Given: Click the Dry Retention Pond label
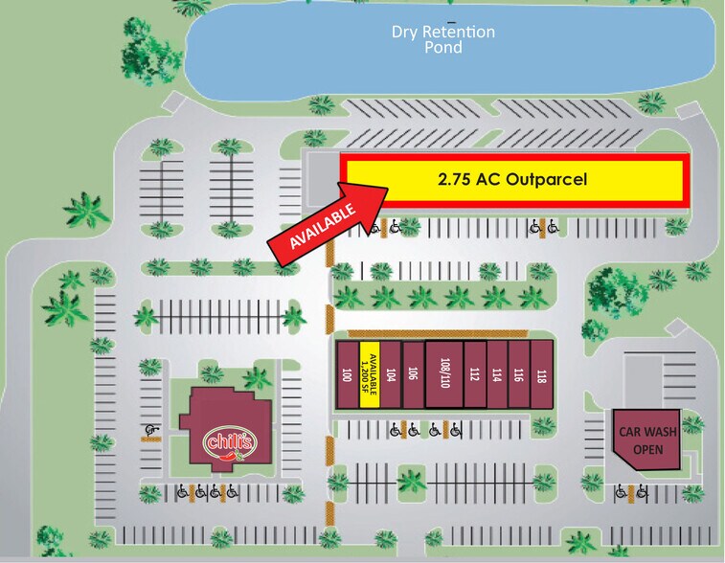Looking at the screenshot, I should pos(442,39).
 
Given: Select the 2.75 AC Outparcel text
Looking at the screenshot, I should pos(511,179).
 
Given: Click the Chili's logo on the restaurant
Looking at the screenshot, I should pos(230,442).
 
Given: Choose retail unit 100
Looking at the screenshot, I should pos(346,374).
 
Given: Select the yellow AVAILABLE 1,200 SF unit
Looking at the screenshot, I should pos(370,374).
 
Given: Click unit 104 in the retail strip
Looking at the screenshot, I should pos(391,374).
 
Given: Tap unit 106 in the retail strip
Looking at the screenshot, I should pos(413,374).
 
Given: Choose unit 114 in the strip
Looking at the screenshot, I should pos(497,374).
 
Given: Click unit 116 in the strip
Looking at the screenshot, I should pos(519,374).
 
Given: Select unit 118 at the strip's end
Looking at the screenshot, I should pos(542,374).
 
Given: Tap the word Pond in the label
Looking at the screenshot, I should pos(442,48).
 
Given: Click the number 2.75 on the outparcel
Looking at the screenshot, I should pos(456,179).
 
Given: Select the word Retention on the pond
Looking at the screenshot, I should pos(460,32).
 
